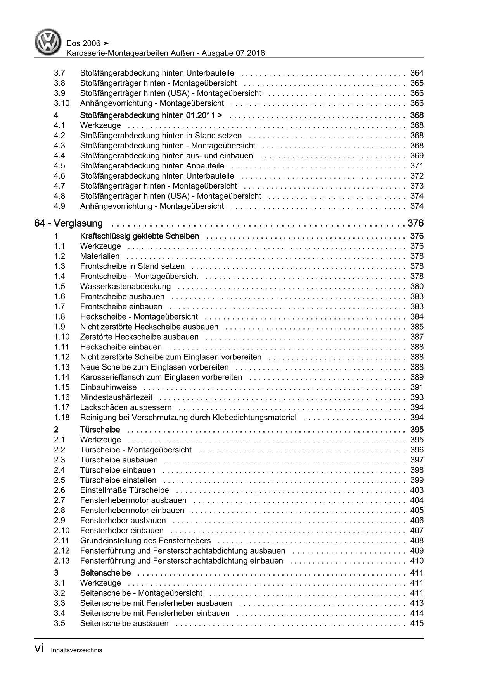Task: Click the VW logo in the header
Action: [x=49, y=43]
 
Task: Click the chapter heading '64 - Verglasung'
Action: [x=68, y=223]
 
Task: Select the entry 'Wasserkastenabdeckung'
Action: [x=125, y=287]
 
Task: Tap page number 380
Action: [x=417, y=287]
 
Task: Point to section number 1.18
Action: [x=62, y=418]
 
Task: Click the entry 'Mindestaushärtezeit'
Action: [x=116, y=397]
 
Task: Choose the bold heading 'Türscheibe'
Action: [x=100, y=430]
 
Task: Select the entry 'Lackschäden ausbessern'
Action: [x=126, y=407]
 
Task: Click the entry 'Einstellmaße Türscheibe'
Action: [x=125, y=490]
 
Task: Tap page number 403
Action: [x=417, y=490]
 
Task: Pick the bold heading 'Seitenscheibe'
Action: [x=105, y=573]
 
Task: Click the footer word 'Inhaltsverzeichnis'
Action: [x=76, y=650]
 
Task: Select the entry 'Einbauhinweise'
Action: [x=108, y=387]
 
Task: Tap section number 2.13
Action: [x=62, y=561]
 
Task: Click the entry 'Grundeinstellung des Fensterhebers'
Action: [x=145, y=541]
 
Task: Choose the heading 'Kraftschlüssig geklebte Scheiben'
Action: [x=139, y=236]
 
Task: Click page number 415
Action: [x=417, y=624]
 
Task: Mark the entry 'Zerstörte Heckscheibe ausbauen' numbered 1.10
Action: [x=139, y=337]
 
